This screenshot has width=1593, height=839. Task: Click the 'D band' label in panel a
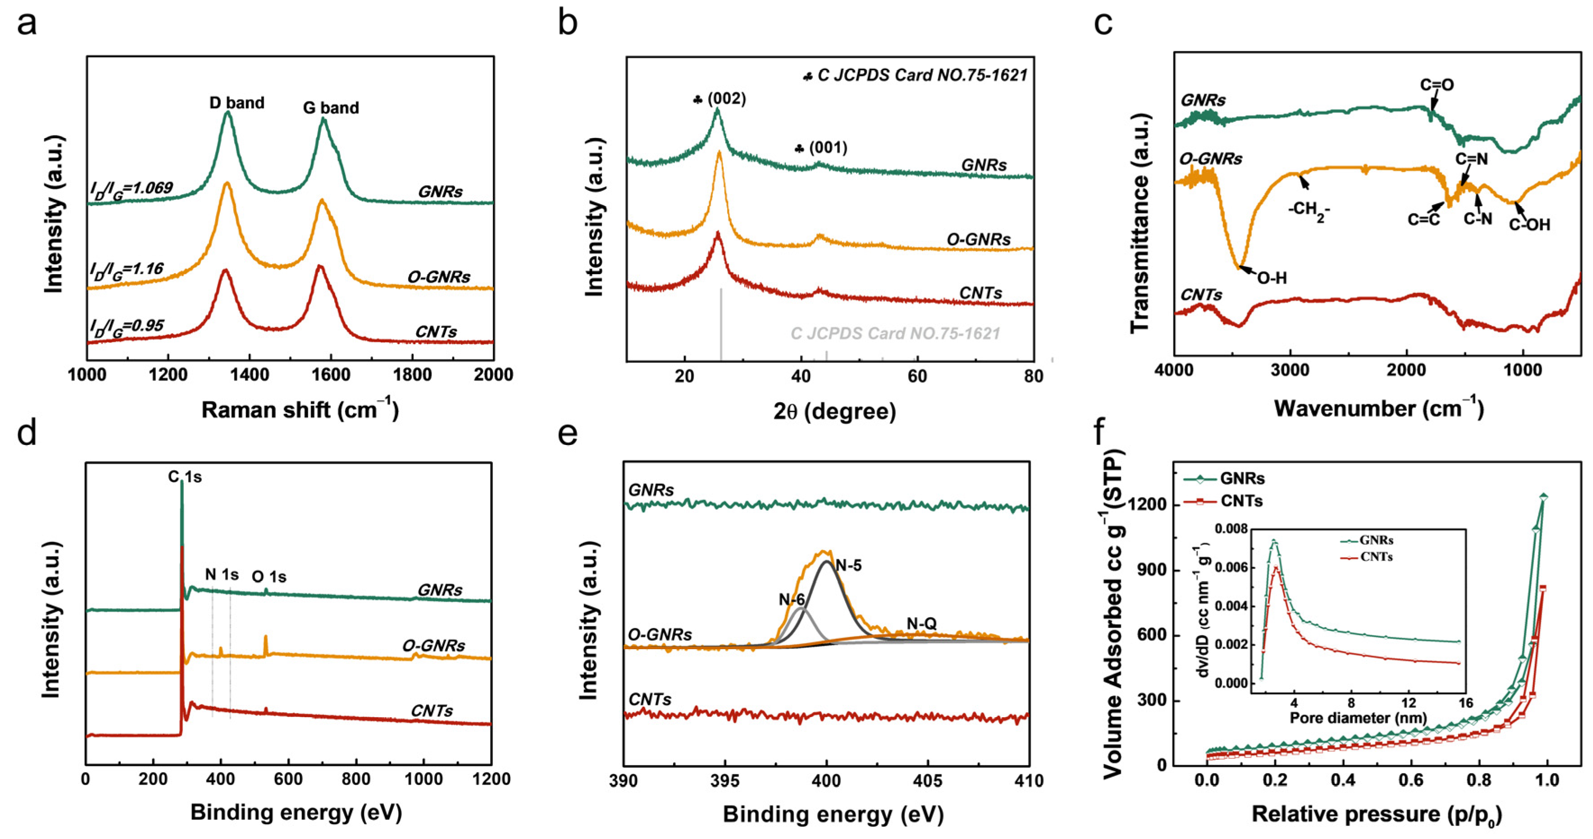(x=237, y=103)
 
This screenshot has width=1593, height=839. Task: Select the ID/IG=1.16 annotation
(x=127, y=270)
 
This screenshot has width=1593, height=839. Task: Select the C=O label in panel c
(x=1437, y=85)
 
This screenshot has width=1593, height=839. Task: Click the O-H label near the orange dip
(x=1272, y=279)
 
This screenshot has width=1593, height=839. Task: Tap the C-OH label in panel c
(x=1529, y=225)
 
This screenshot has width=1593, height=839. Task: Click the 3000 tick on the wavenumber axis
(x=1290, y=371)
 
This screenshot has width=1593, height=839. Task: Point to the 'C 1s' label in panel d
(x=185, y=477)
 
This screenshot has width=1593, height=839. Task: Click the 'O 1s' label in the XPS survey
(x=269, y=577)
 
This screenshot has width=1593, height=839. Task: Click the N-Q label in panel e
(x=921, y=624)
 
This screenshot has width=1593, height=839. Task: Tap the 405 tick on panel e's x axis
(x=928, y=781)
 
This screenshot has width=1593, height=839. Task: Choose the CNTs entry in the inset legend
(x=1376, y=557)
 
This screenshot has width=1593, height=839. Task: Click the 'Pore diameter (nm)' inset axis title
(x=1358, y=718)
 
